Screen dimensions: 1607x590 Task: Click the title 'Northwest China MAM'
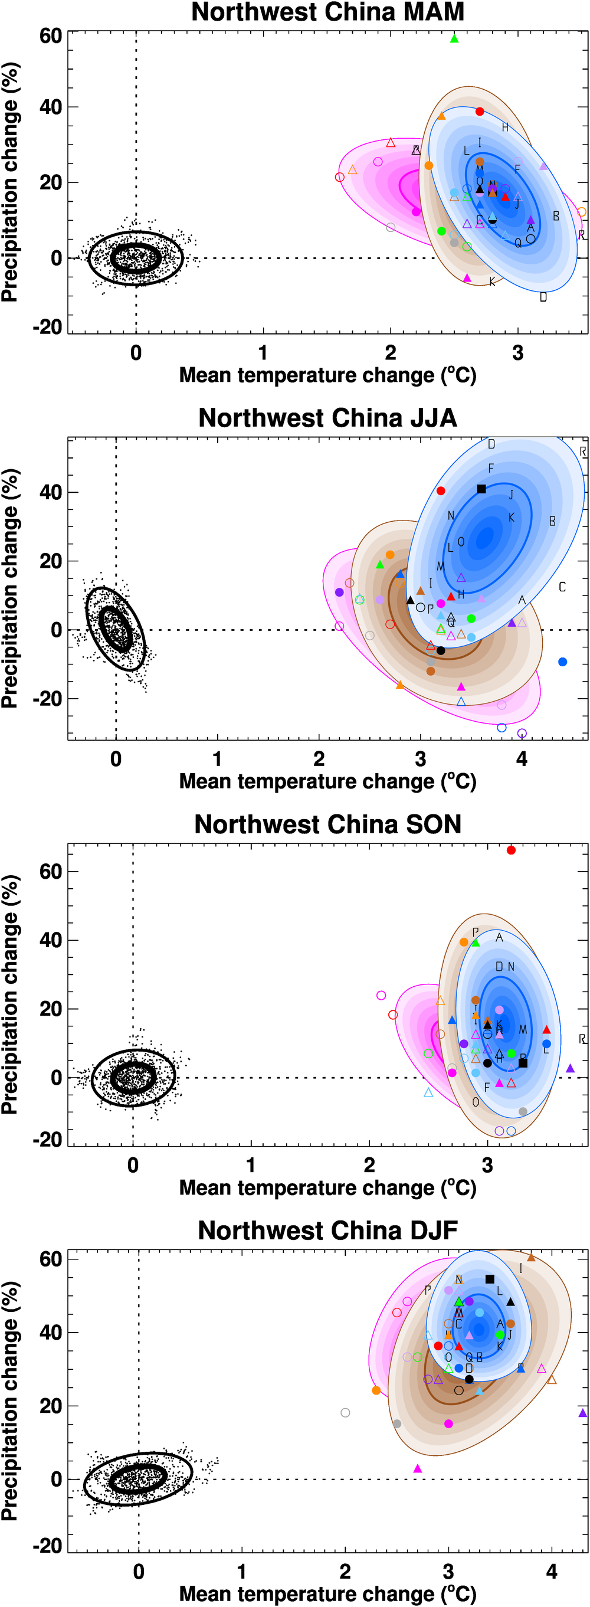(327, 12)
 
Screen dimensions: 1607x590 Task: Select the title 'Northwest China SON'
(327, 824)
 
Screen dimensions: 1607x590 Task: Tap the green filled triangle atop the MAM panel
(454, 39)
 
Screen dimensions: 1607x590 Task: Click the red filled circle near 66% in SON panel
(511, 850)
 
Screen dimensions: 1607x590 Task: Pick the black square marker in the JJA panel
(481, 489)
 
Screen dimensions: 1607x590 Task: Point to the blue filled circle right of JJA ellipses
(562, 662)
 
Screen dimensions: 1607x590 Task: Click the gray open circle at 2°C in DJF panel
(346, 1412)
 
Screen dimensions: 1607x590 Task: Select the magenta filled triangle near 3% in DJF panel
(418, 1468)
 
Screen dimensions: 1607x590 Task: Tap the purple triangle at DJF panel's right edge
(582, 1412)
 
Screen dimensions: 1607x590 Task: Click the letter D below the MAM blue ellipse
(543, 297)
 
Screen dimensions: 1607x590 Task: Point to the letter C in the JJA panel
(562, 587)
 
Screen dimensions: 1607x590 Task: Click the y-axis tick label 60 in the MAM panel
(51, 36)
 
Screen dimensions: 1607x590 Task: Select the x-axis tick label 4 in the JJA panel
(522, 759)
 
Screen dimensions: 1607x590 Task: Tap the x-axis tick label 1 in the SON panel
(251, 1166)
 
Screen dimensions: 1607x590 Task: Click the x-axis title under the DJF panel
(327, 1594)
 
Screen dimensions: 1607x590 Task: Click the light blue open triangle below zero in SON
(428, 1093)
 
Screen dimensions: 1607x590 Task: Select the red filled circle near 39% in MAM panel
(480, 112)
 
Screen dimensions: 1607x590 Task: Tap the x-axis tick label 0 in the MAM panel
(136, 353)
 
